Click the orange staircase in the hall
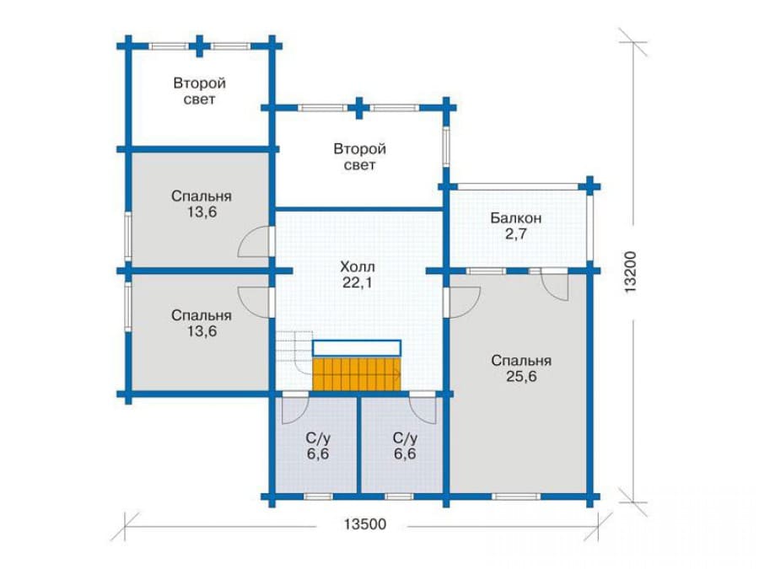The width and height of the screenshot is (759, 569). (357, 374)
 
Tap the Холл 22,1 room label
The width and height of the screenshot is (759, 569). (358, 274)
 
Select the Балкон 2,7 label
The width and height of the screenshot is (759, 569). (515, 225)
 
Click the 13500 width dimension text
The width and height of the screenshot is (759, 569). (365, 524)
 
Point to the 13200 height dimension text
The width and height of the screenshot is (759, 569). (630, 271)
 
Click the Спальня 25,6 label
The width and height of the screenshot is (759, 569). (521, 368)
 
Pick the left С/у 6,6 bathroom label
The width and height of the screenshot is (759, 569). (318, 446)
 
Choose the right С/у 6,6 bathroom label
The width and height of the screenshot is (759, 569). (405, 446)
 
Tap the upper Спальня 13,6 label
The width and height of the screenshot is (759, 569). (202, 204)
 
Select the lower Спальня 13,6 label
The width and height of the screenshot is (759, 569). (202, 323)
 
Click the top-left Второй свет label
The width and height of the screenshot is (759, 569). (199, 91)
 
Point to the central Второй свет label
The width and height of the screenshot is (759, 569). (359, 157)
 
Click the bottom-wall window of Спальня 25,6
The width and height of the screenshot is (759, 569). (516, 497)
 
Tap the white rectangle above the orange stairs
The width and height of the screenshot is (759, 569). (357, 348)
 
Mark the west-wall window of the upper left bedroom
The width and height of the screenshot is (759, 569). (128, 237)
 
